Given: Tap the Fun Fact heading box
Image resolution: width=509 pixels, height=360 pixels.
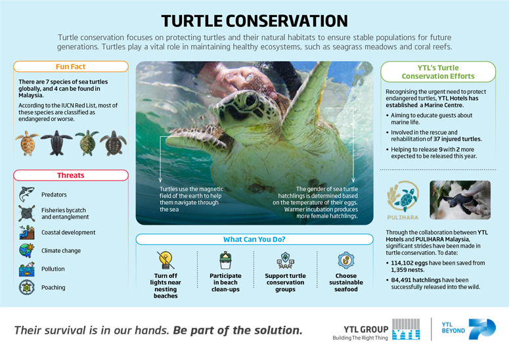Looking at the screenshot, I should click(71, 66).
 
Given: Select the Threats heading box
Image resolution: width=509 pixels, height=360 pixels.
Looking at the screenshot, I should click(71, 175).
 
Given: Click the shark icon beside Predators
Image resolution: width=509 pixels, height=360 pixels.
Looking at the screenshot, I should click(26, 194).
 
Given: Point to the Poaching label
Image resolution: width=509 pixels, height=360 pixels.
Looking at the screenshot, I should click(53, 287).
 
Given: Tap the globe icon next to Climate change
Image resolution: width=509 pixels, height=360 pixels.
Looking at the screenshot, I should click(26, 250).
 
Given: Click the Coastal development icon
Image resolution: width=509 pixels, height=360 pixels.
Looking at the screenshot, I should click(26, 232).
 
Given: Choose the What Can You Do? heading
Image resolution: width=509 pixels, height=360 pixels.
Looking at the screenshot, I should click(254, 239).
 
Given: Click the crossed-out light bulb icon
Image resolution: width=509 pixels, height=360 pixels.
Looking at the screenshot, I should click(166, 259).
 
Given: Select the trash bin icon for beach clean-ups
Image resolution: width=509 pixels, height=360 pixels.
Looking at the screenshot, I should click(225, 259).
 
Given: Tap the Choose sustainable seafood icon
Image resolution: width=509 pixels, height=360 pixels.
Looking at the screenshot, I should click(345, 259).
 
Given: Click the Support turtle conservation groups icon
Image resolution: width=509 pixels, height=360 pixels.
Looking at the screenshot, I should click(286, 259).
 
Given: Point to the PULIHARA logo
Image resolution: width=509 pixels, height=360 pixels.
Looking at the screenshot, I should click(402, 201).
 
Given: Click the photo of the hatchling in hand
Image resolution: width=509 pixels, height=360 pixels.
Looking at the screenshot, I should click(460, 200).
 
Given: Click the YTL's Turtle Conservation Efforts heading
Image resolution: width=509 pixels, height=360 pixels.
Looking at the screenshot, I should click(438, 72).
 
